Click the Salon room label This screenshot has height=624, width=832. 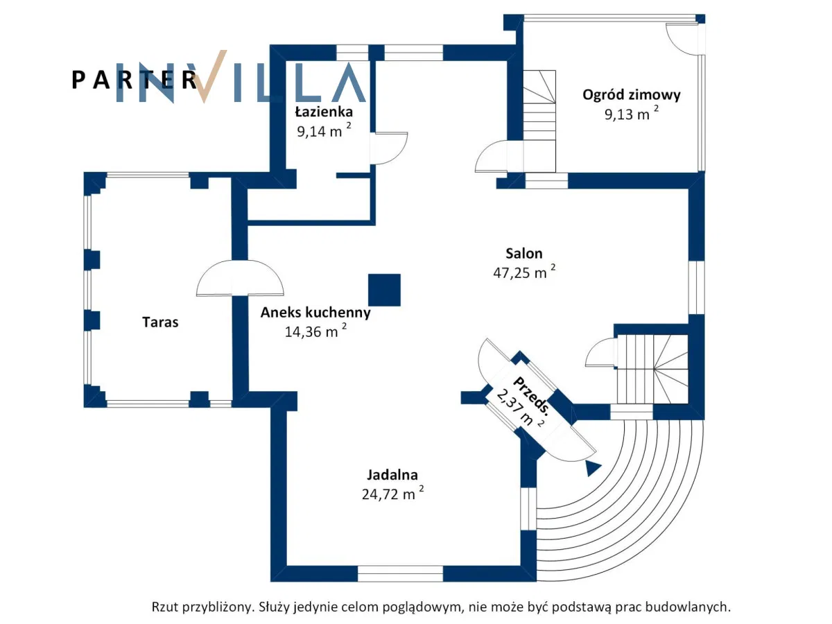pos(523,254)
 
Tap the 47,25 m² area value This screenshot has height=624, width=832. pos(523,272)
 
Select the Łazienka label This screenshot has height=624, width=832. pos(323,112)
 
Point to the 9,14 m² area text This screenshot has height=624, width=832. pos(323,131)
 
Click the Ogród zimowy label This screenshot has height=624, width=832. pos(631,95)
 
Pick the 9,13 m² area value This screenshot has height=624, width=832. pos(631,114)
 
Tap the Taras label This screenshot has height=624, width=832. pos(160,322)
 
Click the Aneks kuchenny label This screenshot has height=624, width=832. pos(315,313)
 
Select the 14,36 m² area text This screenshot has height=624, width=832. pos(315,331)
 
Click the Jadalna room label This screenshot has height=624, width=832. pos(392,475)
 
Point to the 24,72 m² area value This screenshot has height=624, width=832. pos(392,494)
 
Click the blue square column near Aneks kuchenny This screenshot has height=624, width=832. pos(384,290)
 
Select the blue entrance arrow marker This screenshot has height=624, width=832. pos(592,468)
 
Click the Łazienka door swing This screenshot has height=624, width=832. pos(388,148)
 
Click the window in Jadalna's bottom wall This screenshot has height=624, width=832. pos(400,573)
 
